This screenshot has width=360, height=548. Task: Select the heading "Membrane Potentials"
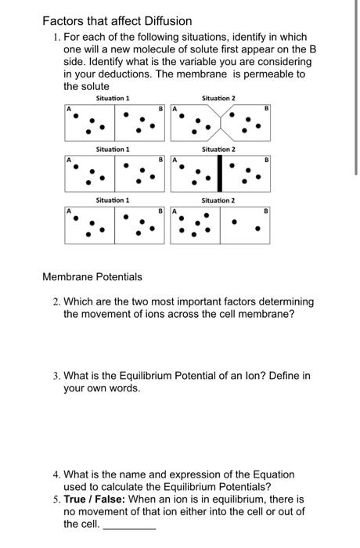pyautogui.click(x=92, y=276)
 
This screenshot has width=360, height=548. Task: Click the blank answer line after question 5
pyautogui.click(x=129, y=527)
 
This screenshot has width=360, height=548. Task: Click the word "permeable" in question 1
pyautogui.click(x=264, y=74)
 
